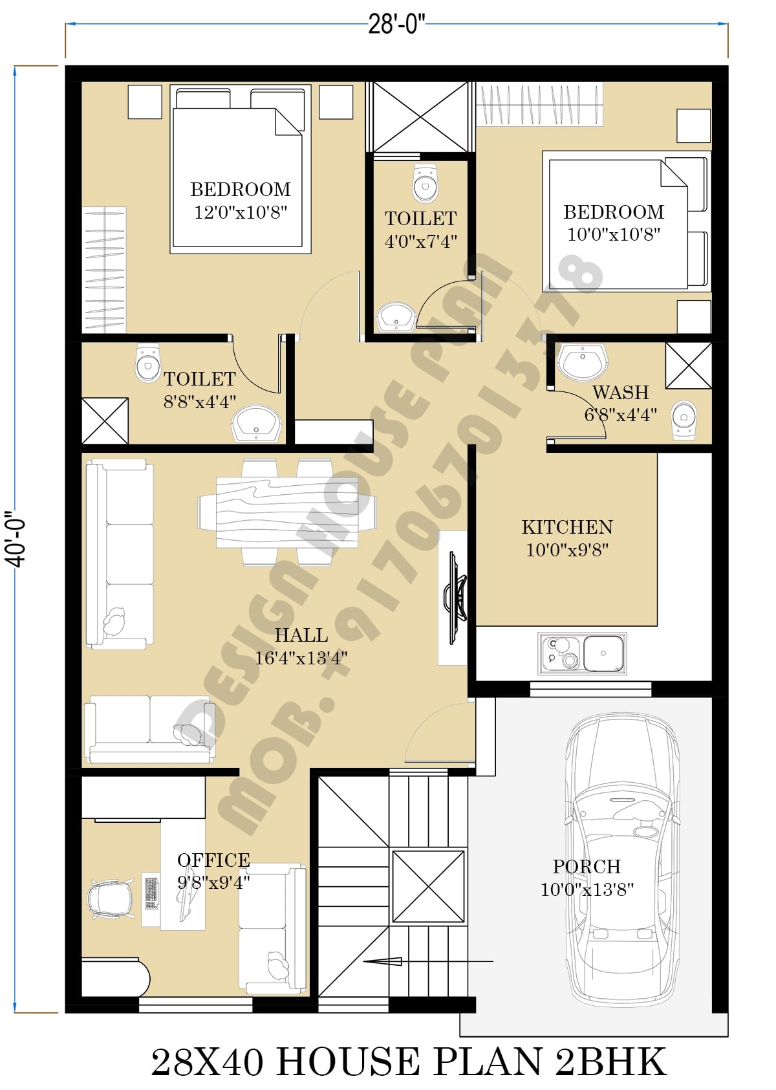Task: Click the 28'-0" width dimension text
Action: tap(396, 25)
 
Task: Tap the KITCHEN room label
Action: tap(567, 527)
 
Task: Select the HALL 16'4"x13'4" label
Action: tap(301, 646)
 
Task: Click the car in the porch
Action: tap(622, 867)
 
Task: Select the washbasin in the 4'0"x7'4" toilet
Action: tap(395, 318)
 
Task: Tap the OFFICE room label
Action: tap(213, 860)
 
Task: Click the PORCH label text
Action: tap(587, 867)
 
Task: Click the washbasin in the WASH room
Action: tap(582, 362)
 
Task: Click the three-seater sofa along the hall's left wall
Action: tap(120, 554)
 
